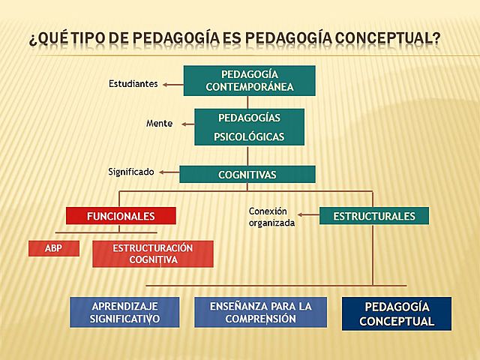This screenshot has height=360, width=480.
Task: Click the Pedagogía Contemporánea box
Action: pyautogui.click(x=249, y=81)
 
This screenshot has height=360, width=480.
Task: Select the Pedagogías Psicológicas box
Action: pyautogui.click(x=249, y=127)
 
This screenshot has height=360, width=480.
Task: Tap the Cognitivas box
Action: pyautogui.click(x=247, y=175)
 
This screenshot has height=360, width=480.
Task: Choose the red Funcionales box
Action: pyautogui.click(x=121, y=216)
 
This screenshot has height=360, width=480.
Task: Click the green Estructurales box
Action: pyautogui.click(x=374, y=216)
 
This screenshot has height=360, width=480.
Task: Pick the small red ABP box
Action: pyautogui.click(x=53, y=248)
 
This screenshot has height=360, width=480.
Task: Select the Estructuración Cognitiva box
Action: pyautogui.click(x=152, y=254)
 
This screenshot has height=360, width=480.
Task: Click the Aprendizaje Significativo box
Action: pyautogui.click(x=125, y=313)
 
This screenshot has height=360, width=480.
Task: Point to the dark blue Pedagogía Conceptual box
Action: pyautogui.click(x=397, y=313)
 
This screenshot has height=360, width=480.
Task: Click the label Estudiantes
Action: pyautogui.click(x=133, y=84)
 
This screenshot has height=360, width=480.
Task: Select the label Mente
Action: pyautogui.click(x=159, y=123)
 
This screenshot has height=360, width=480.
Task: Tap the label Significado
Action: pyautogui.click(x=131, y=172)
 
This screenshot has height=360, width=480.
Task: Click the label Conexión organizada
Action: pyautogui.click(x=271, y=217)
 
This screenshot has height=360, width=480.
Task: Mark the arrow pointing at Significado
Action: pyautogui.click(x=167, y=172)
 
